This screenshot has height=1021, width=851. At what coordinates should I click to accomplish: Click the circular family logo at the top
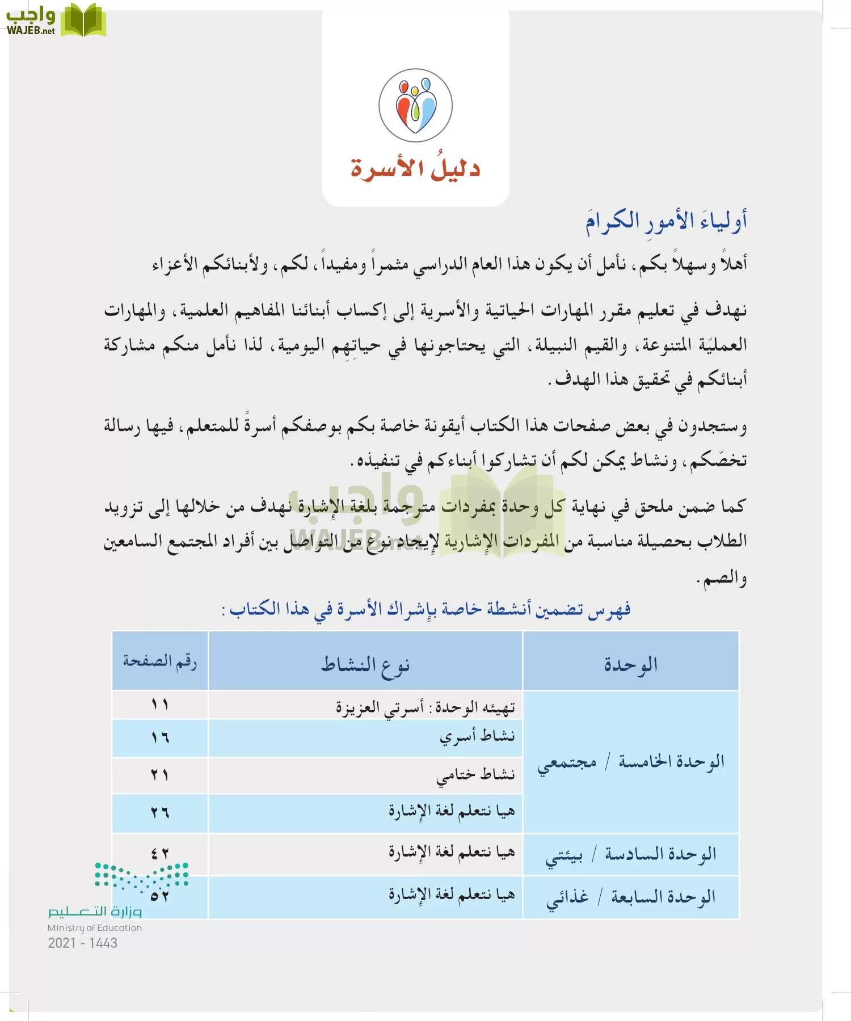(415, 106)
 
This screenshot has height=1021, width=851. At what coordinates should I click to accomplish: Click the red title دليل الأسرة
(415, 168)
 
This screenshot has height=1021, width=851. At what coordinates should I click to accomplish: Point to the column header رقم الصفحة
(160, 661)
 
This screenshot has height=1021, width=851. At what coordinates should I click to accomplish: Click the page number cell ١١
(160, 704)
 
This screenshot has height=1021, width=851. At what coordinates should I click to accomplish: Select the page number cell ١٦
(160, 737)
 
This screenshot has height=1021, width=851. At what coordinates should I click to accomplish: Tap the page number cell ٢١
(160, 775)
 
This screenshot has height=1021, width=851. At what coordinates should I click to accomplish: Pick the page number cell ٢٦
(160, 813)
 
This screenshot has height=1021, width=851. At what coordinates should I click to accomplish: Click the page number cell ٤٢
(160, 853)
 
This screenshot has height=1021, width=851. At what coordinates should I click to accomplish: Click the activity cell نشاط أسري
(477, 737)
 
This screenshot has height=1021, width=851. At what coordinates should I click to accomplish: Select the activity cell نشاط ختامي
(475, 775)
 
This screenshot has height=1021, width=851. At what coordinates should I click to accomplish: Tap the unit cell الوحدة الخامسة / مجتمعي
(631, 762)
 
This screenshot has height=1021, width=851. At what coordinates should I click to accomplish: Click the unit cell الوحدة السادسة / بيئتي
(631, 854)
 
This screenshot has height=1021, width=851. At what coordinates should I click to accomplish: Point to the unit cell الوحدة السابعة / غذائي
(631, 897)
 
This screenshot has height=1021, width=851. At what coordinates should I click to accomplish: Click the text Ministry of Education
(95, 928)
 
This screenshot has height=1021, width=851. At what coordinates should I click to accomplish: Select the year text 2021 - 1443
(83, 943)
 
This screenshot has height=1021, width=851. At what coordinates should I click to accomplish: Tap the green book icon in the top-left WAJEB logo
(83, 20)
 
